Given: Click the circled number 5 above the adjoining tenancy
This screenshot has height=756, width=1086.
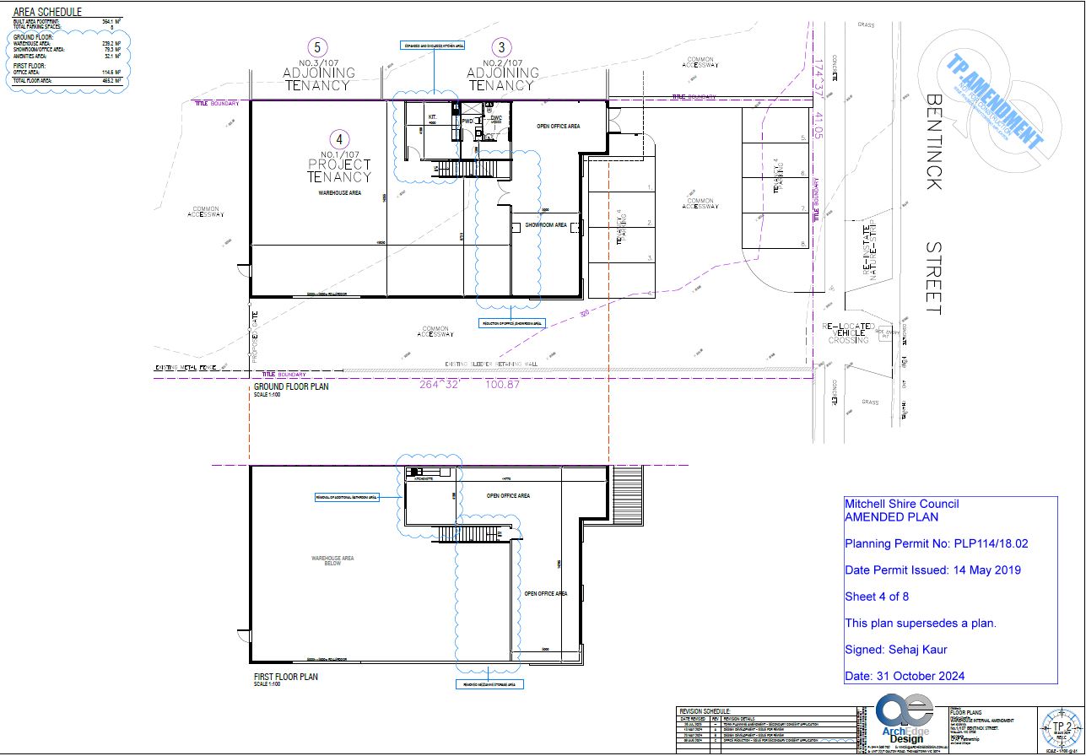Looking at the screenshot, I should point(317,47).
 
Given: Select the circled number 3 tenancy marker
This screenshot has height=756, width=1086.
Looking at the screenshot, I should point(502,47).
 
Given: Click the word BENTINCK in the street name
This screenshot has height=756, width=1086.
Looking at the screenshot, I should point(933,141).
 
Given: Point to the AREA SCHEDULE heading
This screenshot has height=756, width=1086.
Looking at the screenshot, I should point(48,13).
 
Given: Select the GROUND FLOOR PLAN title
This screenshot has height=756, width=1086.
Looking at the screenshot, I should point(290,387).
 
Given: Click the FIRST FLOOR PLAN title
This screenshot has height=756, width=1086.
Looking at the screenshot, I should point(286,677).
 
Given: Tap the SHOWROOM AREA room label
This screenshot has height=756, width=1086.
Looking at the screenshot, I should point(545,226).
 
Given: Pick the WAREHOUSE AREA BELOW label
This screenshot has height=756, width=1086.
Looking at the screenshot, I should point(332,562).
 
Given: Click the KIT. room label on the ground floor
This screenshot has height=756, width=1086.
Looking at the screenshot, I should point(433,117).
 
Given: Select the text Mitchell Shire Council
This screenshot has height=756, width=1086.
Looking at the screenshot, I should point(901,504).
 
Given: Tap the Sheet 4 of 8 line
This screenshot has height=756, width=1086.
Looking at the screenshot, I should point(877,597).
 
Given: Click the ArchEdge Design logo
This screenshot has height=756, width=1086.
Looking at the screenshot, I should point(904,717).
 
